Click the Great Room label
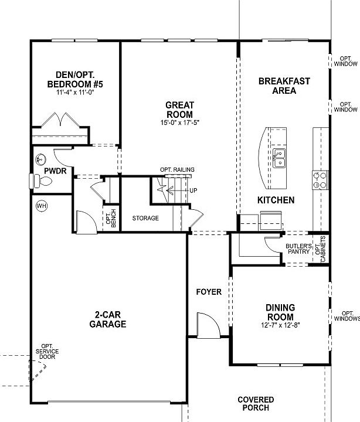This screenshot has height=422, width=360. click(x=180, y=109)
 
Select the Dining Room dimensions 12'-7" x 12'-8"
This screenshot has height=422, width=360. click(x=280, y=325)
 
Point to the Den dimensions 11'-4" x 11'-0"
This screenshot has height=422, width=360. click(x=75, y=93)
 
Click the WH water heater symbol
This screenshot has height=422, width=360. click(x=41, y=206)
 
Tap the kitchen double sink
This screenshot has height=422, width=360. click(x=280, y=158)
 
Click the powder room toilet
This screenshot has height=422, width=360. click(x=39, y=182)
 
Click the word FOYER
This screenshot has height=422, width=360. click(x=209, y=292)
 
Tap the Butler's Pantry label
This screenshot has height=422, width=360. click(x=298, y=249)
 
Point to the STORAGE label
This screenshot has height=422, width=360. click(x=145, y=218)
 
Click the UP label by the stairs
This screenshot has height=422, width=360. click(x=193, y=191)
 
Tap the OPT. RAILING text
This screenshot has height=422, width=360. click(x=177, y=170)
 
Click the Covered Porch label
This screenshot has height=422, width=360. click(x=256, y=403)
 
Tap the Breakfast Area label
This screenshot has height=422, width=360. click(x=284, y=86)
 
